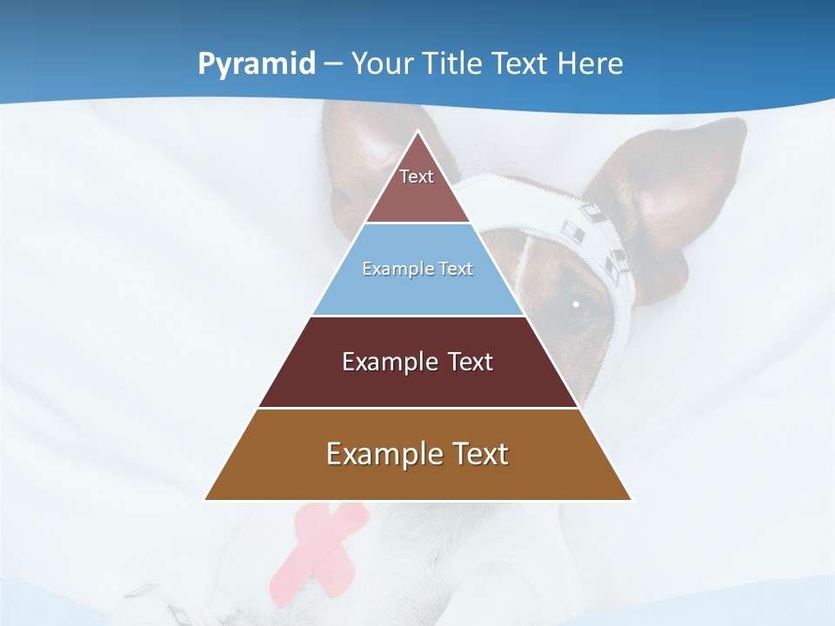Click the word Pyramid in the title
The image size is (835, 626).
(x=257, y=64)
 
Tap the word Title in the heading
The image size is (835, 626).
(x=458, y=63)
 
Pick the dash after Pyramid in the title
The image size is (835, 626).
(x=332, y=64)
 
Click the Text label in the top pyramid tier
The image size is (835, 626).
(x=417, y=176)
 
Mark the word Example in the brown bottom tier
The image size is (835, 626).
(x=383, y=454)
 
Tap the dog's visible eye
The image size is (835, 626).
(x=576, y=304)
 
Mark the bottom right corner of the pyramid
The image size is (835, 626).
(x=631, y=499)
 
